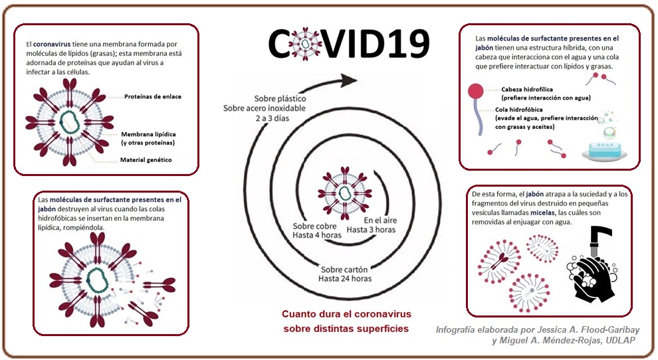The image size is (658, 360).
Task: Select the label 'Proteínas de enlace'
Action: click(x=152, y=96)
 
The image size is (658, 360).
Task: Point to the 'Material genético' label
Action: click(x=146, y=159)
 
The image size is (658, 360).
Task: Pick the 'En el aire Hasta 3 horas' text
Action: click(x=380, y=225)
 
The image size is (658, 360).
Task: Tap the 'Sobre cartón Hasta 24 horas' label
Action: click(x=346, y=274)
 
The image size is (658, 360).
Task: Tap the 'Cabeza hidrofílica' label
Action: click(x=528, y=88)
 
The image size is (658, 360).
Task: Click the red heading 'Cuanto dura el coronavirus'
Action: click(x=346, y=314)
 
